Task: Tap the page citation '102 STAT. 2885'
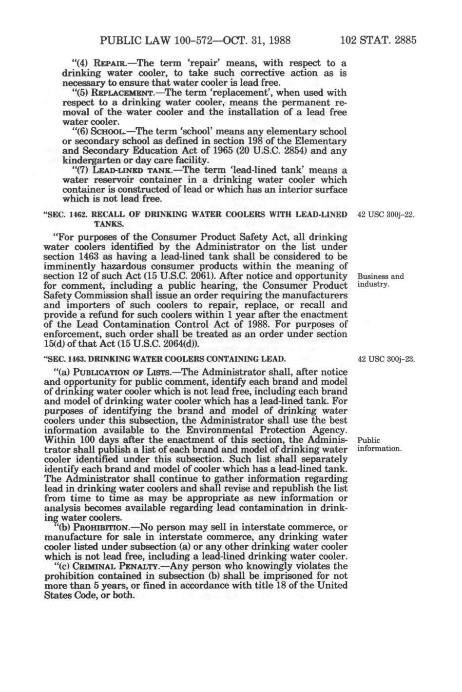[x=379, y=40]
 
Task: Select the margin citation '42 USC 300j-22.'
[x=386, y=215]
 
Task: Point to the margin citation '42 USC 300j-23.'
[x=386, y=360]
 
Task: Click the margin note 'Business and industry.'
[x=381, y=280]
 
